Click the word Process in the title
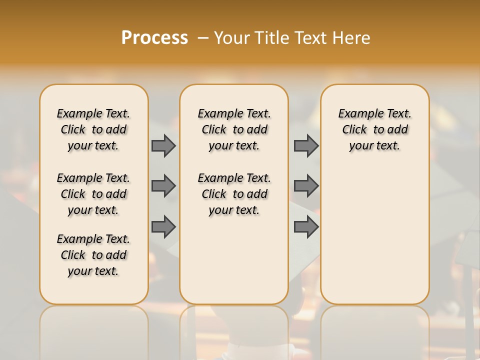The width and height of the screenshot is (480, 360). click(154, 38)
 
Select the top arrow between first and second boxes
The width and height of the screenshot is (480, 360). click(163, 145)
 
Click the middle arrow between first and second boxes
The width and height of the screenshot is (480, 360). click(163, 186)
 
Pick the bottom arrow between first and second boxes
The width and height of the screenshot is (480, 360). click(163, 227)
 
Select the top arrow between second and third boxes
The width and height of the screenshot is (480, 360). click(306, 145)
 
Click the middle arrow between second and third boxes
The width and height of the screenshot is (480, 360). click(306, 186)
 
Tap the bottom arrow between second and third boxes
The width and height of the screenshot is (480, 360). click(306, 227)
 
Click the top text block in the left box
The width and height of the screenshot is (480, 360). click(93, 129)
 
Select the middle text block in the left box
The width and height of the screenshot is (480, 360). click(93, 194)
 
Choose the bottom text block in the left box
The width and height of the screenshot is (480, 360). click(93, 255)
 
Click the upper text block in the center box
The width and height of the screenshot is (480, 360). click(234, 129)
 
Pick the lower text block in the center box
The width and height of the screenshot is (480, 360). click(234, 194)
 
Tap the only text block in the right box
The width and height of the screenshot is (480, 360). click(375, 129)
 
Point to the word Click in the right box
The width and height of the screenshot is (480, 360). click(354, 130)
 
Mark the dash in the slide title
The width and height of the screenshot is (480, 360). click(203, 38)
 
